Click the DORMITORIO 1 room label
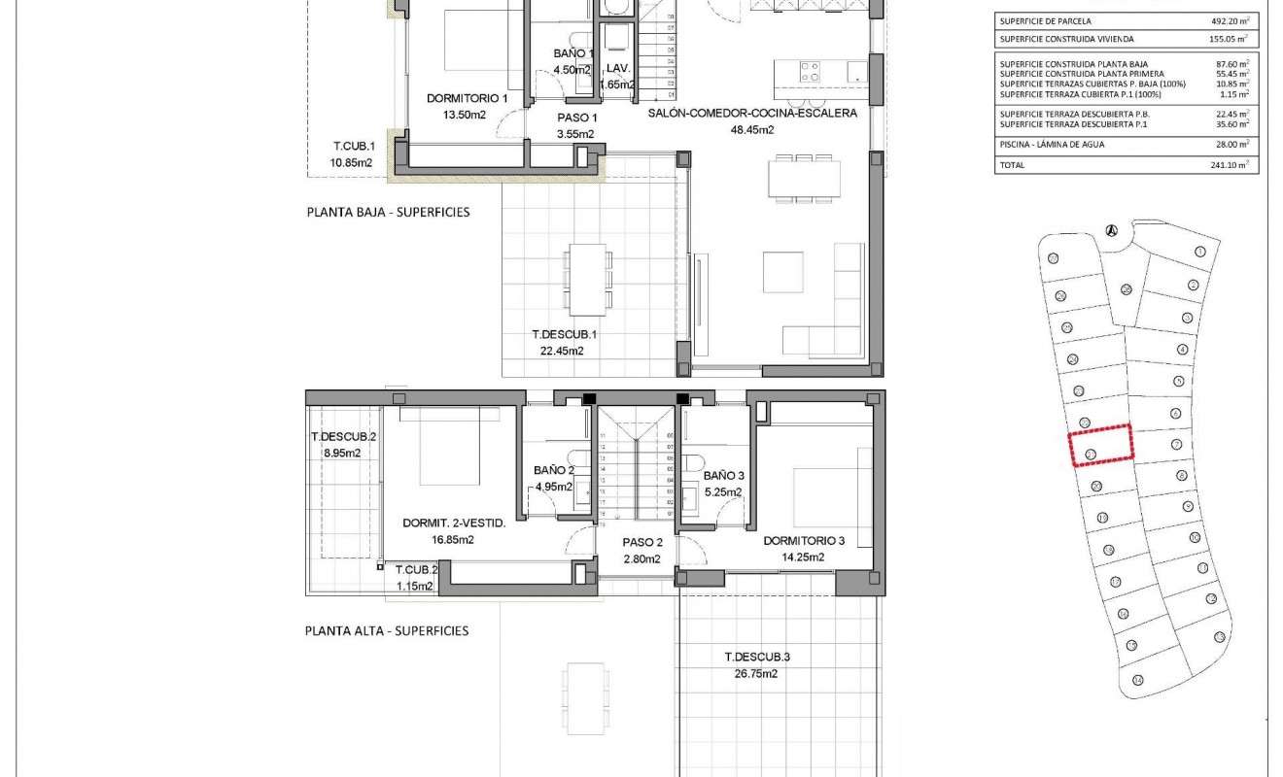coord(468,98)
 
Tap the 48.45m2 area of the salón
coord(752,130)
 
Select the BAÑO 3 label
coord(723,476)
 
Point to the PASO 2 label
coord(641,543)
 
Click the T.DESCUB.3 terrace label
coord(757,657)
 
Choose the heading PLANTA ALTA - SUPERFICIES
coord(387,631)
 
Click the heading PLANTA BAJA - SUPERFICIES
coord(388,211)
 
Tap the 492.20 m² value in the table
coord(1227,20)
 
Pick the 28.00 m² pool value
coord(1230,145)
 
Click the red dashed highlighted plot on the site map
coord(1101,446)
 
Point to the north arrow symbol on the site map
coord(1111,230)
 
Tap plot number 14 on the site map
coord(1137,680)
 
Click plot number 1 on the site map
coord(1199,251)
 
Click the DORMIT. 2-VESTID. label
coord(454,524)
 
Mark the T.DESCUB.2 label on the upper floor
coord(342,437)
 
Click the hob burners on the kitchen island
coord(810,71)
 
